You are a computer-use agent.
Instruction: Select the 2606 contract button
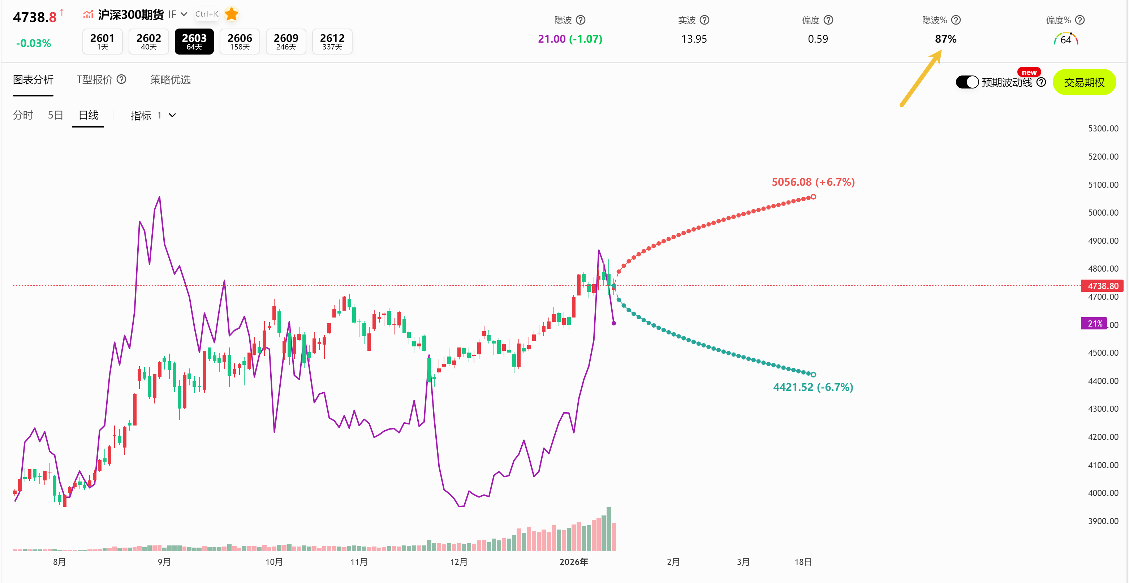point(240,42)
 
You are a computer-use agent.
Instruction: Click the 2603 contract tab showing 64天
point(194,42)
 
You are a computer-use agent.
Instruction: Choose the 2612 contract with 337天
point(332,42)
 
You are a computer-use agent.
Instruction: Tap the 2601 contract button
point(102,42)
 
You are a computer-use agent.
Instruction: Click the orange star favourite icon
point(232,14)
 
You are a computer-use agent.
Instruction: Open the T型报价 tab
point(95,80)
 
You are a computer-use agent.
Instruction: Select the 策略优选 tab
point(170,80)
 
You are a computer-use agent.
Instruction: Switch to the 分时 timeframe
point(23,115)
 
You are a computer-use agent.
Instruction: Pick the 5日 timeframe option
point(55,115)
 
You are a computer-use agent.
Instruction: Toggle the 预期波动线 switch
point(967,82)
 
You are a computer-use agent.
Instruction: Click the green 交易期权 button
point(1084,82)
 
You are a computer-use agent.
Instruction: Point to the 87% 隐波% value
point(945,39)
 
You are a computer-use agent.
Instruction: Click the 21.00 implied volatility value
point(552,39)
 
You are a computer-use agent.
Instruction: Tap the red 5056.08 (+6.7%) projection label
point(813,182)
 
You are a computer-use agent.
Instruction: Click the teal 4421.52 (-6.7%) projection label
point(813,387)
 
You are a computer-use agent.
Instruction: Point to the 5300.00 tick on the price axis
point(1103,129)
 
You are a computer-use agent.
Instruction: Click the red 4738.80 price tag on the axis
point(1102,286)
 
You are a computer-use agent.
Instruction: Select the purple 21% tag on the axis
point(1094,324)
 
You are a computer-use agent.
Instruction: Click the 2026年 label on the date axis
point(573,562)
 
